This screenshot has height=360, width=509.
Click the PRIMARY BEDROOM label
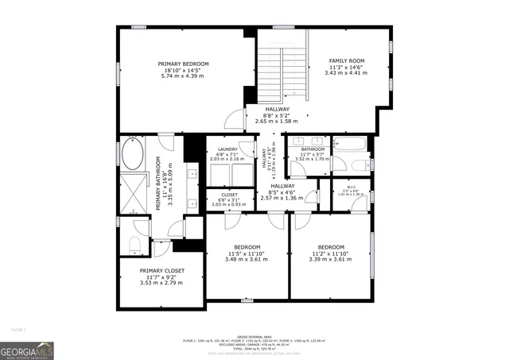pos(183,64)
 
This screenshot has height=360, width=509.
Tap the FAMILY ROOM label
pos(346,60)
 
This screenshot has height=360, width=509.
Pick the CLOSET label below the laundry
pos(230,193)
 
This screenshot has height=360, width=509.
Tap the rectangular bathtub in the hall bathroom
pos(349,145)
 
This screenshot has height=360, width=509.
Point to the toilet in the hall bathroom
pos(336,163)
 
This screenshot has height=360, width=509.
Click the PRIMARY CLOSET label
pos(161,270)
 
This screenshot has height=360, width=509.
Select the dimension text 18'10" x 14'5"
pos(183,70)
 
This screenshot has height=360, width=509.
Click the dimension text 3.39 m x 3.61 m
pos(331,259)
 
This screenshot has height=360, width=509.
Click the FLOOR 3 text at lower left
pos(18,328)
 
